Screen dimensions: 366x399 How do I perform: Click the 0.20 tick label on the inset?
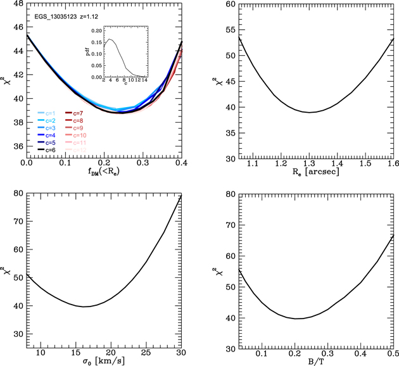pyautogui.click(x=94, y=30)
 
